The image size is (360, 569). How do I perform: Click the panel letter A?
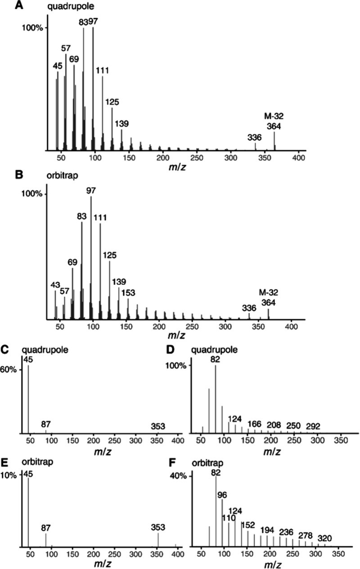(19, 5)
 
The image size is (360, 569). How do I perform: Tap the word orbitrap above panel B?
(62, 176)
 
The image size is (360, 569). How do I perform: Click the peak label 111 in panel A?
(102, 70)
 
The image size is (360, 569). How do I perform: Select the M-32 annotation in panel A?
(274, 116)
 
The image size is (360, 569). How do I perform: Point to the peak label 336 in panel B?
(249, 308)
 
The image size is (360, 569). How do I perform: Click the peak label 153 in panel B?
(128, 293)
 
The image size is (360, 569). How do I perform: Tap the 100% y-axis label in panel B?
(32, 194)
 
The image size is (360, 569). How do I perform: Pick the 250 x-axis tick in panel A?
(197, 158)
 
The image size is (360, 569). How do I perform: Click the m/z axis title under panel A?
(177, 167)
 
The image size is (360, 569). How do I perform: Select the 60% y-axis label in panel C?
(9, 369)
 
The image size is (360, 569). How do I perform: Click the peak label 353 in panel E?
(158, 527)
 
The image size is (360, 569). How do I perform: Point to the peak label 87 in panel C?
(46, 424)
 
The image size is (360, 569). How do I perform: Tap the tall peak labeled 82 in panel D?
(216, 399)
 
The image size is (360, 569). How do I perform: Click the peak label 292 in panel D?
(313, 426)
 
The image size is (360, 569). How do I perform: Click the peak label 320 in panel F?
(325, 538)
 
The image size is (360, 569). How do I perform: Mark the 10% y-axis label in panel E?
(9, 475)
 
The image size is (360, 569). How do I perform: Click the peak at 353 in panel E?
(158, 540)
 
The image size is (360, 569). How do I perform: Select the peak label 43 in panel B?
(55, 285)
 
